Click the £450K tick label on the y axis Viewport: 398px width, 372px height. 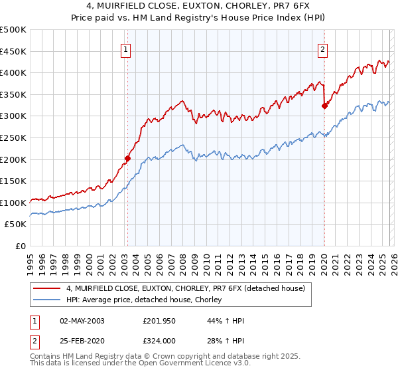(13, 51)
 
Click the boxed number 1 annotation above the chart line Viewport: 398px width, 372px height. (126, 48)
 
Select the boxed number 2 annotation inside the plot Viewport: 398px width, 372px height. (322, 48)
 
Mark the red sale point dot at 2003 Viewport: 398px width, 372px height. (127, 159)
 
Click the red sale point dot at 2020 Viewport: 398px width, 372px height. (324, 105)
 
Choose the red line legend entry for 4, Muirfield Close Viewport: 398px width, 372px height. (186, 288)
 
